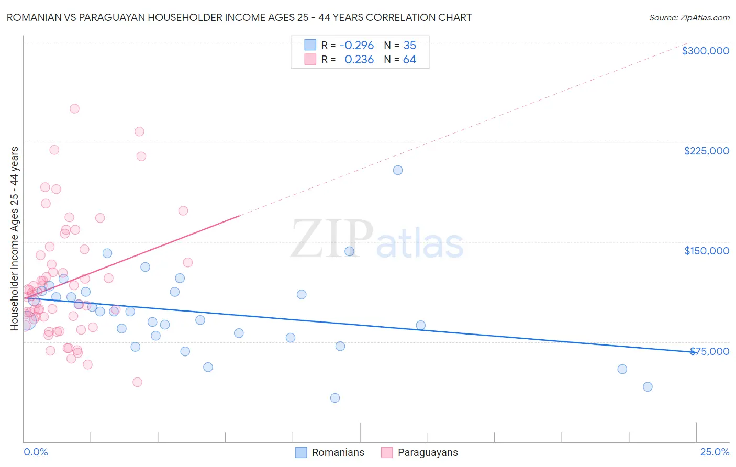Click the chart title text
click(239, 17)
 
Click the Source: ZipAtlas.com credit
click(689, 17)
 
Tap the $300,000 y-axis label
click(705, 51)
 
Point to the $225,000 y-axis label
click(706, 151)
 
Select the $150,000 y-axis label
click(706, 251)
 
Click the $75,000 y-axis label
click(709, 351)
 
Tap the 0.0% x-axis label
click(36, 452)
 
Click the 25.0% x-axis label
click(715, 452)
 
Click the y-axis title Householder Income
click(15, 238)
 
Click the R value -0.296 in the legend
click(356, 46)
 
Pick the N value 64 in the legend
click(409, 60)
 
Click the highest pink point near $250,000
click(74, 109)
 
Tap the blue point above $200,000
click(398, 170)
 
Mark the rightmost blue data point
click(648, 387)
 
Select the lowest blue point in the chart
click(335, 398)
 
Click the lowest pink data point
click(137, 382)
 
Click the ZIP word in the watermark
click(332, 240)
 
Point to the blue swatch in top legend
click(310, 45)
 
